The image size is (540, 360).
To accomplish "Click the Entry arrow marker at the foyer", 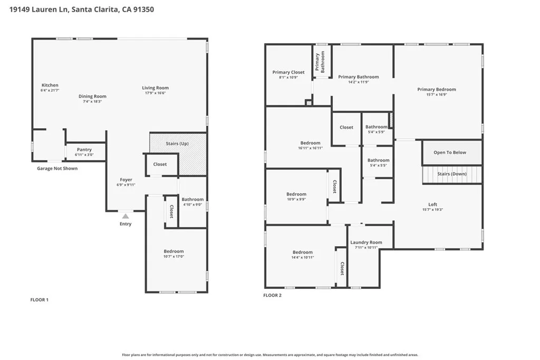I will coord(125,216).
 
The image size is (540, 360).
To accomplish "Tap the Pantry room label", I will coord(84,150).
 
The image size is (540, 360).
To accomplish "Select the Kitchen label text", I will coord(50,85).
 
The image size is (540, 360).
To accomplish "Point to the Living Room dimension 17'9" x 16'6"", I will coord(155,93).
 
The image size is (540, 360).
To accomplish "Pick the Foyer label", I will coord(126,180).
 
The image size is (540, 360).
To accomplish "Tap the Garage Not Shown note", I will coord(57,169).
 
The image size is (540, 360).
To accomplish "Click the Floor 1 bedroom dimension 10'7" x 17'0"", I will coord(173,257).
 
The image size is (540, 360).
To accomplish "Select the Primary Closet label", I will coord(288,72).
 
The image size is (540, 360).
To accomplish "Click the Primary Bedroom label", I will coord(437,90).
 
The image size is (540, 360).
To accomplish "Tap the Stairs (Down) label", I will coord(451,174).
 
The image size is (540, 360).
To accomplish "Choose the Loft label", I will coord(432,205).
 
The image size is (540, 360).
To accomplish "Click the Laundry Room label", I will coord(366,242).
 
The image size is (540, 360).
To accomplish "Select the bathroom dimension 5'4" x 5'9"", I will coord(377,132).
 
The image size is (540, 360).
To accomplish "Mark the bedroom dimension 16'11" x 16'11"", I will coord(310,148).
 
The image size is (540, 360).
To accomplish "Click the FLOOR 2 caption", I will coord(272,295).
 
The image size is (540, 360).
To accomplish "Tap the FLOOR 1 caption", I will coord(39,300).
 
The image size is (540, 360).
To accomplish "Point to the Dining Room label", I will coord(93,96).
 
